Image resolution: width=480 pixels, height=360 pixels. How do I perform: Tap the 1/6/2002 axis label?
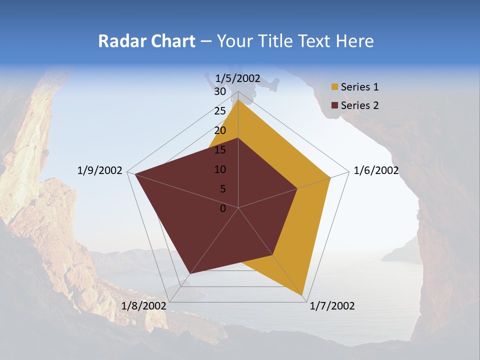click(x=376, y=170)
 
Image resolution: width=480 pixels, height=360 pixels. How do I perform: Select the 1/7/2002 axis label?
click(x=332, y=306)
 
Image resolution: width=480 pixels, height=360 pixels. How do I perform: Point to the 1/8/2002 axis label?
click(x=144, y=306)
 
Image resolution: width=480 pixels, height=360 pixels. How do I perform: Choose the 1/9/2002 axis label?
click(x=100, y=170)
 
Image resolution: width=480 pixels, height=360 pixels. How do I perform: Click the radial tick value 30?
click(x=220, y=91)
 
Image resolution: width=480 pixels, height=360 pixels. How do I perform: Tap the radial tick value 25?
click(x=220, y=111)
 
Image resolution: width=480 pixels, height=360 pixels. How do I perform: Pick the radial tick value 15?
click(x=220, y=150)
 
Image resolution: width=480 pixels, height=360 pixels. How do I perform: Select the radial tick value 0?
click(x=223, y=208)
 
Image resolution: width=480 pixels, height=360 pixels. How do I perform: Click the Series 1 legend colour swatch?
click(x=334, y=87)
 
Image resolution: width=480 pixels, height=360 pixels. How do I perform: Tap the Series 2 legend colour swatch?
click(x=334, y=105)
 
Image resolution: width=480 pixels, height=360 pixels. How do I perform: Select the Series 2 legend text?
click(x=359, y=105)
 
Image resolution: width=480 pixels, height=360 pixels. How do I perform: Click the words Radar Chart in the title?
click(x=146, y=41)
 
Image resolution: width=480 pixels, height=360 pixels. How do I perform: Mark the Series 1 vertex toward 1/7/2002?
click(x=303, y=295)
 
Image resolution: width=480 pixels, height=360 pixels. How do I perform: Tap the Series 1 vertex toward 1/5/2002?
click(x=238, y=100)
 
